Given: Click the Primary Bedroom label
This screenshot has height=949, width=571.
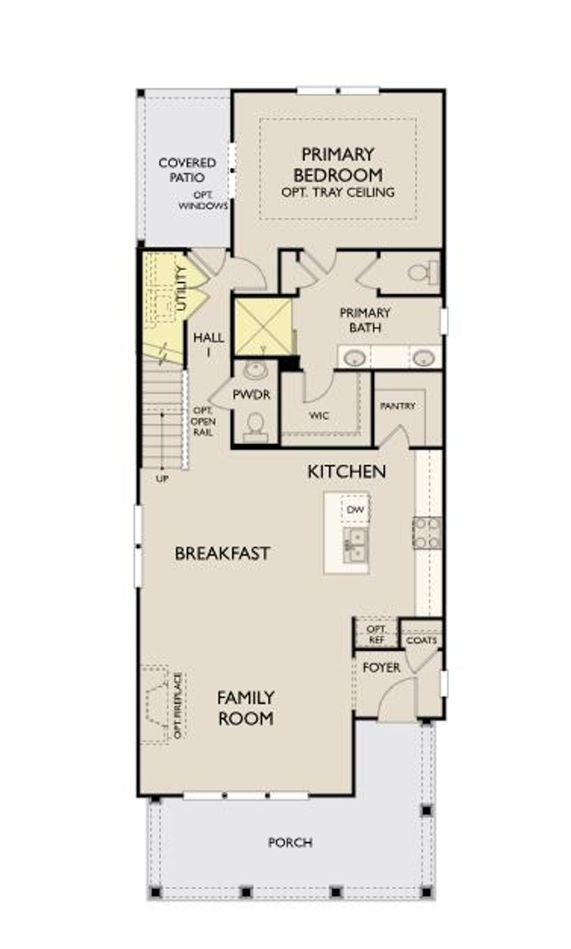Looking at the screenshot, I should (337, 164).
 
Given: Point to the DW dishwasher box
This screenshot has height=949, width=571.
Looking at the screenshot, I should (355, 509).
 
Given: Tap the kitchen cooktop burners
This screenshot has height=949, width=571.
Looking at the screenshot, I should (427, 533).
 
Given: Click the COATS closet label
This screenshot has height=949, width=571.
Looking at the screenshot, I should (422, 640).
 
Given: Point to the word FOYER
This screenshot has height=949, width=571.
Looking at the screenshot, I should (381, 667).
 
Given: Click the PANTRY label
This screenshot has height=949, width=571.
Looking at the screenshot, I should (398, 406).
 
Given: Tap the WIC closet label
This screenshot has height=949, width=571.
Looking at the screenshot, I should (319, 416).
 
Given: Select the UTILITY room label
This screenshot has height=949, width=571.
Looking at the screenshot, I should (181, 289).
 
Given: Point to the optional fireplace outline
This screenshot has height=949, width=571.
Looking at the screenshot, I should (156, 705).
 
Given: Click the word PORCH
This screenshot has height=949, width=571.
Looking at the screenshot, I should (290, 842).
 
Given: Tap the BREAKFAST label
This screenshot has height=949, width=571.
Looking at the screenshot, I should (222, 553).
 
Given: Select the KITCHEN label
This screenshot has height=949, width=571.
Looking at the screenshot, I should (347, 471).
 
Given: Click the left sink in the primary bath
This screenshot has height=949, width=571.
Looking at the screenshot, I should (355, 358).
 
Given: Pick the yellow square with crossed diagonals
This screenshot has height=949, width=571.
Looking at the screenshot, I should (263, 327).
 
